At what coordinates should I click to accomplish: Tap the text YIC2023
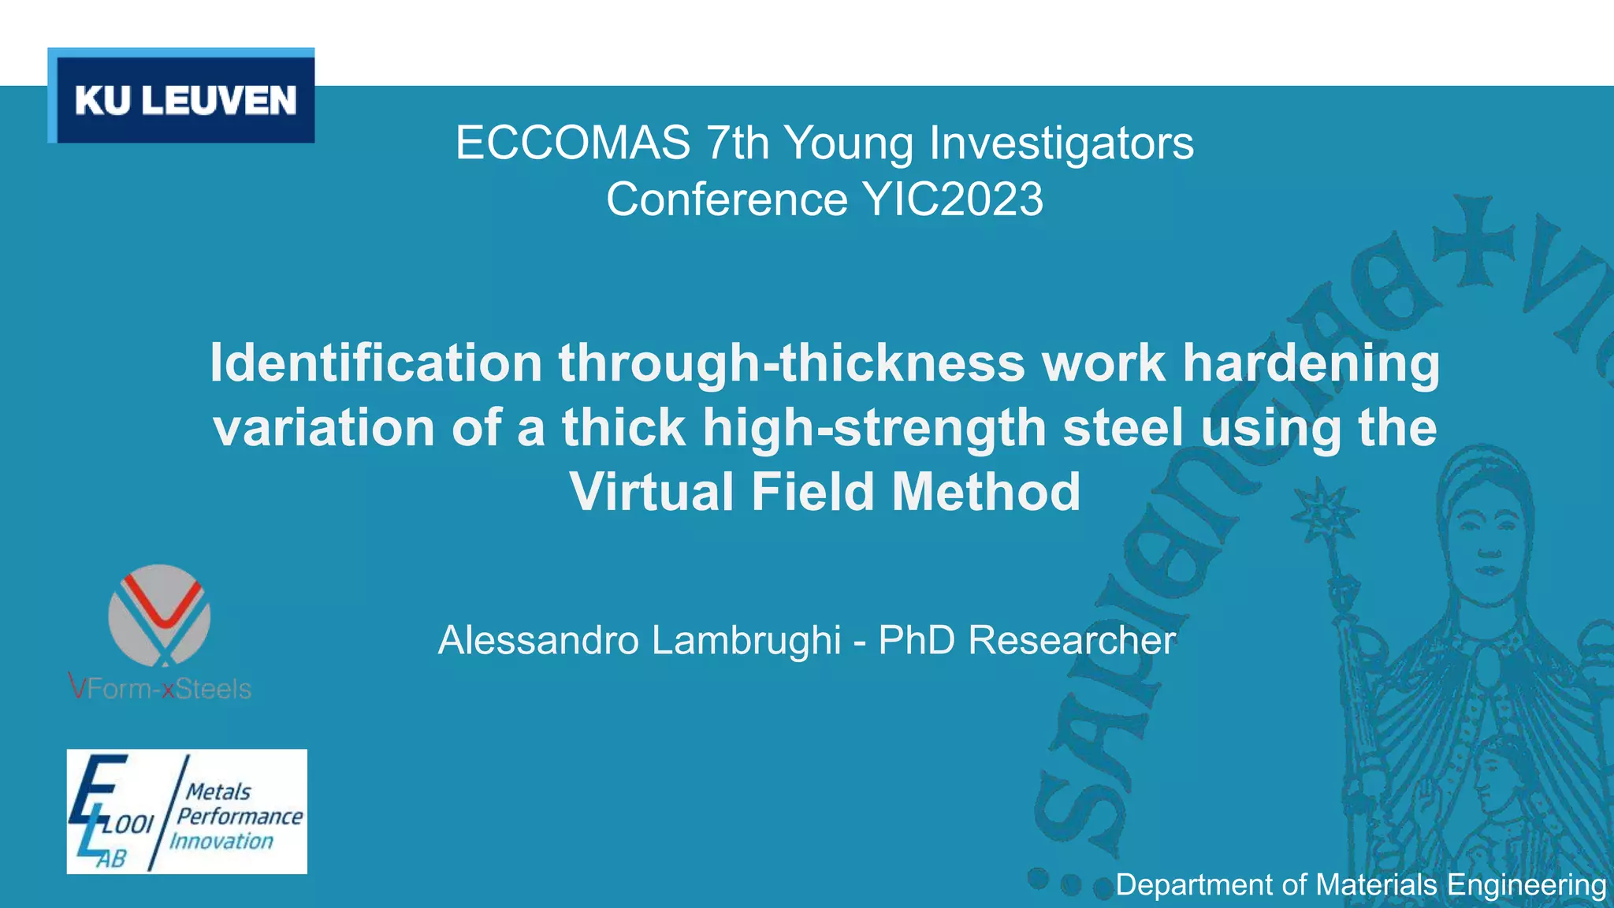coord(954,199)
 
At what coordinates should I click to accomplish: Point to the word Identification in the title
coord(376,363)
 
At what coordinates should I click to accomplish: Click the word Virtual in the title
coord(652,491)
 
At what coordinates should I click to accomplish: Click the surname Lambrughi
coord(746,639)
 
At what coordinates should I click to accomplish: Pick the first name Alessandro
coord(538,639)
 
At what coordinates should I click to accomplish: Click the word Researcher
coord(1072,639)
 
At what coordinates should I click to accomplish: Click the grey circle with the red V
coord(159,615)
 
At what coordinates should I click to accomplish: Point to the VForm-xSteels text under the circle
coord(160,689)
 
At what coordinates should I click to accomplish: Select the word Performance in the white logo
coord(240,816)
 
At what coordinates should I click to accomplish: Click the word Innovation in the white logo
coord(221,841)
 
